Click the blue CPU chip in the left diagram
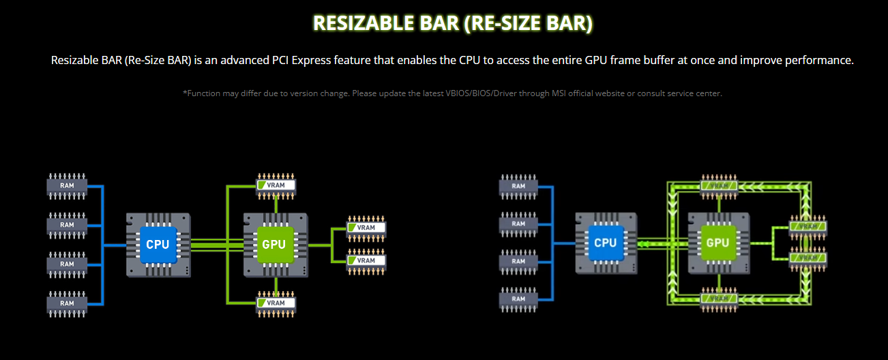tap(158, 244)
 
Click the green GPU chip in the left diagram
tap(273, 244)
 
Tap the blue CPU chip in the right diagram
tap(605, 243)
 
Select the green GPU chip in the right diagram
tap(717, 243)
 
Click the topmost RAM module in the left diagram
tap(67, 185)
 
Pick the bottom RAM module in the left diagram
tap(67, 303)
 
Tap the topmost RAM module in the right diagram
tap(518, 185)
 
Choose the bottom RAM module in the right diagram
tap(518, 299)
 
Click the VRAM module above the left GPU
tap(276, 185)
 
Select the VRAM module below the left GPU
tap(276, 303)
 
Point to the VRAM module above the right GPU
tap(720, 185)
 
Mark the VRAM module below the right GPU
tap(720, 299)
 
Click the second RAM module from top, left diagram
tap(67, 224)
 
